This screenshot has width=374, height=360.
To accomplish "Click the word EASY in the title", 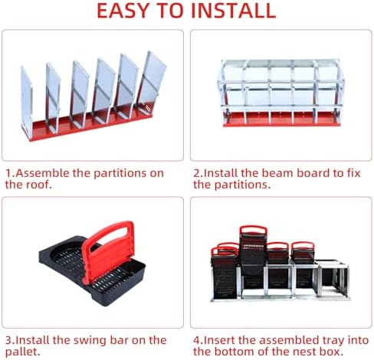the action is (123, 11).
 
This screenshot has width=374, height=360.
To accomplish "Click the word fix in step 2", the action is (354, 173).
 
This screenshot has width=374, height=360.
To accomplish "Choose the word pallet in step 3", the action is (22, 352).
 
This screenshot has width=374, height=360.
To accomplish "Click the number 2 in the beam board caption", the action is (196, 173).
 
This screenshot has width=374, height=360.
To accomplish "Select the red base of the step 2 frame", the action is (282, 119).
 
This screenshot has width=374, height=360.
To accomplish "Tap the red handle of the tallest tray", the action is (253, 230).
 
